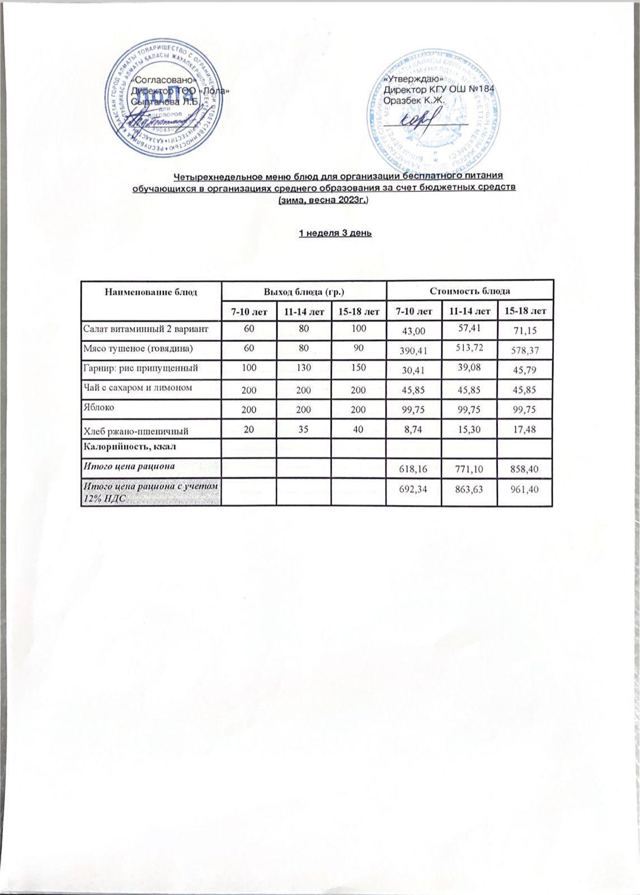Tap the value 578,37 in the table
pos(524,351)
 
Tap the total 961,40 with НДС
pos(525,489)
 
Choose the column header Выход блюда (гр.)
pos(304,291)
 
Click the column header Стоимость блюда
pos(469,291)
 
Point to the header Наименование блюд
pos(151,291)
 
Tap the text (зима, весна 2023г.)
pos(323,200)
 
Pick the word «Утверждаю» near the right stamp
pos(410,80)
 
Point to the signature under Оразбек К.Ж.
pos(418,119)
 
